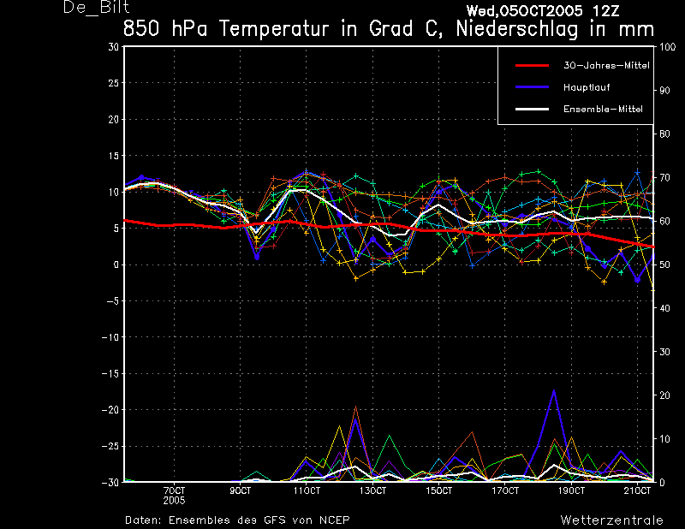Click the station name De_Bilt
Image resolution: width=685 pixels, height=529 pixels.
pos(96,7)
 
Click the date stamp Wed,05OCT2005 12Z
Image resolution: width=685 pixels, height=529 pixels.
pos(543,11)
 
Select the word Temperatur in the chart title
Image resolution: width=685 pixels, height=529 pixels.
pos(273,29)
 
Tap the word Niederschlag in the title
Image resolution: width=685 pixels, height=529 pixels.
pos(517,29)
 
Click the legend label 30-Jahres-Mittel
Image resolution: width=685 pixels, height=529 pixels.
pos(606,66)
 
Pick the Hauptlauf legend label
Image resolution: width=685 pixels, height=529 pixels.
pos(587,87)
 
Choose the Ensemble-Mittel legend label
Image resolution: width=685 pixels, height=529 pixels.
pos(603,109)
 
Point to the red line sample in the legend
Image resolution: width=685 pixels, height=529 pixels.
pos(532,66)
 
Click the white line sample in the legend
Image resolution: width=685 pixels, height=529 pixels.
pos(532,109)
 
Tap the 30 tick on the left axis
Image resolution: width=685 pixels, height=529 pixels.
pos(114,47)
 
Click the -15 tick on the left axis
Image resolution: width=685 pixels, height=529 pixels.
pos(110,373)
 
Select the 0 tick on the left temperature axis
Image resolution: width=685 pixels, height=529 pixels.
pos(116,264)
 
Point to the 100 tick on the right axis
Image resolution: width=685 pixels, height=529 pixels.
pos(667,47)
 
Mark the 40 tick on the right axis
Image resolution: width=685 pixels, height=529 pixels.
pos(664,308)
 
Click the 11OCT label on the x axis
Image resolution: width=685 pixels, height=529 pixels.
pos(307,490)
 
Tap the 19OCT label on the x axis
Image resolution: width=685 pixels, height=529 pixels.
pos(571,490)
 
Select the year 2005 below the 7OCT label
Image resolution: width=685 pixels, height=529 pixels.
pos(174,500)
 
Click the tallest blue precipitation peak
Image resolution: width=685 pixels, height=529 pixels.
pos(554,390)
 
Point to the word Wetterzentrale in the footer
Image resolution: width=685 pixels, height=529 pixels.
pos(612,520)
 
